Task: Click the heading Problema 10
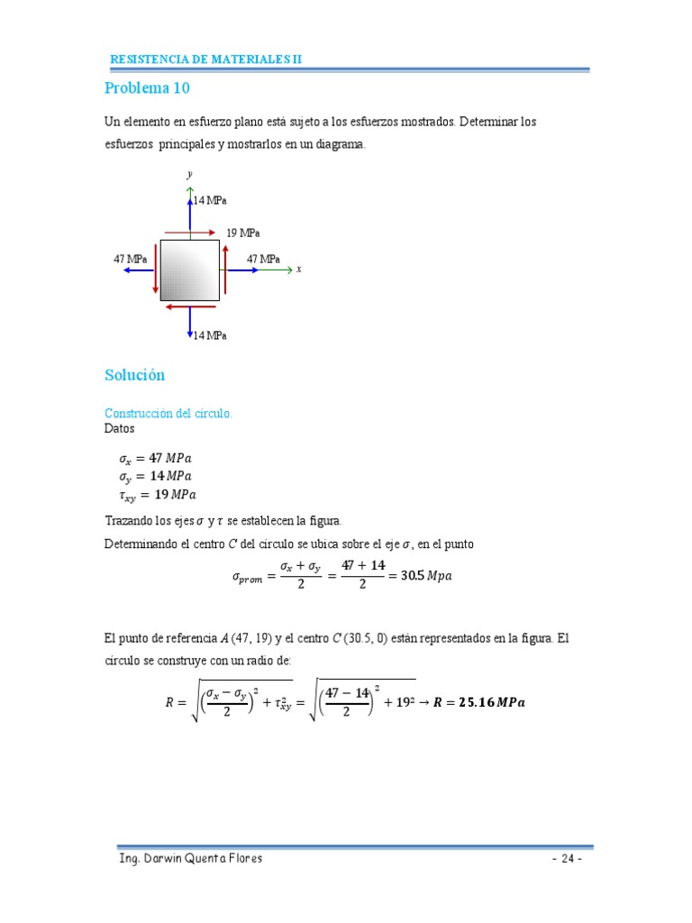click(x=147, y=88)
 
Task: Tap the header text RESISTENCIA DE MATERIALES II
click(x=206, y=59)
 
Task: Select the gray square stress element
click(x=190, y=270)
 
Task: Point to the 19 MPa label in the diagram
click(x=243, y=233)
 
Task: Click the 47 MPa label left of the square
click(x=130, y=260)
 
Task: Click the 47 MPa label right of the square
click(x=263, y=260)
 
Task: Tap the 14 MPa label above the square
click(x=210, y=200)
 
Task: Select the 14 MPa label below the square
click(x=210, y=335)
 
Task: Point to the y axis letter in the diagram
click(x=189, y=173)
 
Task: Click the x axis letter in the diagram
click(x=298, y=269)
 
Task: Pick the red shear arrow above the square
click(x=190, y=233)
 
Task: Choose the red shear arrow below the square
click(x=190, y=306)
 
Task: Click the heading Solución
click(x=135, y=375)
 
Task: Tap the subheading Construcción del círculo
click(x=168, y=413)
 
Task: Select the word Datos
click(x=119, y=429)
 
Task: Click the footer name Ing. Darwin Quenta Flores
click(x=191, y=858)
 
